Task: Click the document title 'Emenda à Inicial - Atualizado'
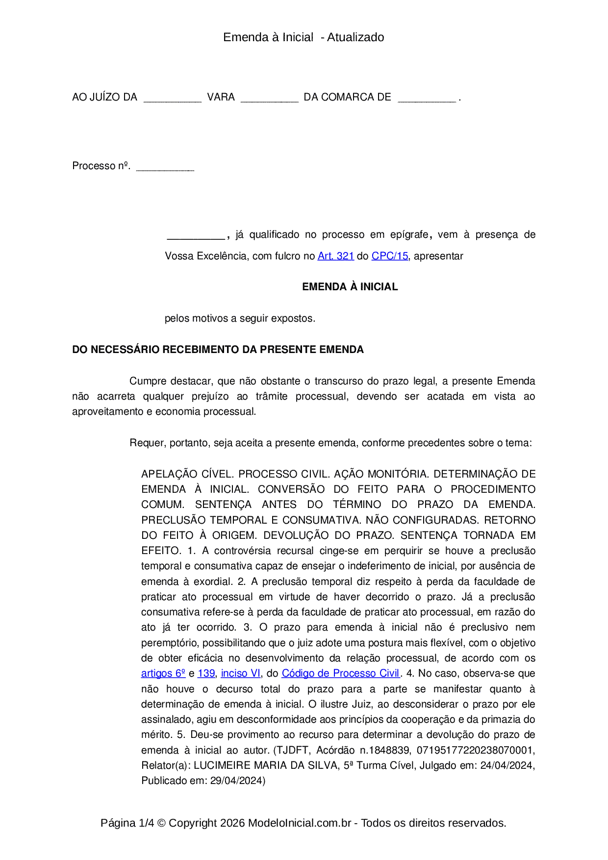(x=304, y=37)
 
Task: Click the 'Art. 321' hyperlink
(x=335, y=256)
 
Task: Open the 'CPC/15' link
(x=389, y=256)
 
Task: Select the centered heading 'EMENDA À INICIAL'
(x=350, y=287)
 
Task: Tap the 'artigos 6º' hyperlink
(x=163, y=673)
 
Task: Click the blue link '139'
(x=206, y=673)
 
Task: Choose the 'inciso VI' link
(x=241, y=673)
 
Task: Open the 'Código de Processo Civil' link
(x=340, y=673)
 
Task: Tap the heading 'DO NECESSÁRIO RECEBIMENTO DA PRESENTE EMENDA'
(x=218, y=350)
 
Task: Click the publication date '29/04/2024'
(x=237, y=781)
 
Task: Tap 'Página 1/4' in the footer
(x=127, y=823)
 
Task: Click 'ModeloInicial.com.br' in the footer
(x=299, y=823)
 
